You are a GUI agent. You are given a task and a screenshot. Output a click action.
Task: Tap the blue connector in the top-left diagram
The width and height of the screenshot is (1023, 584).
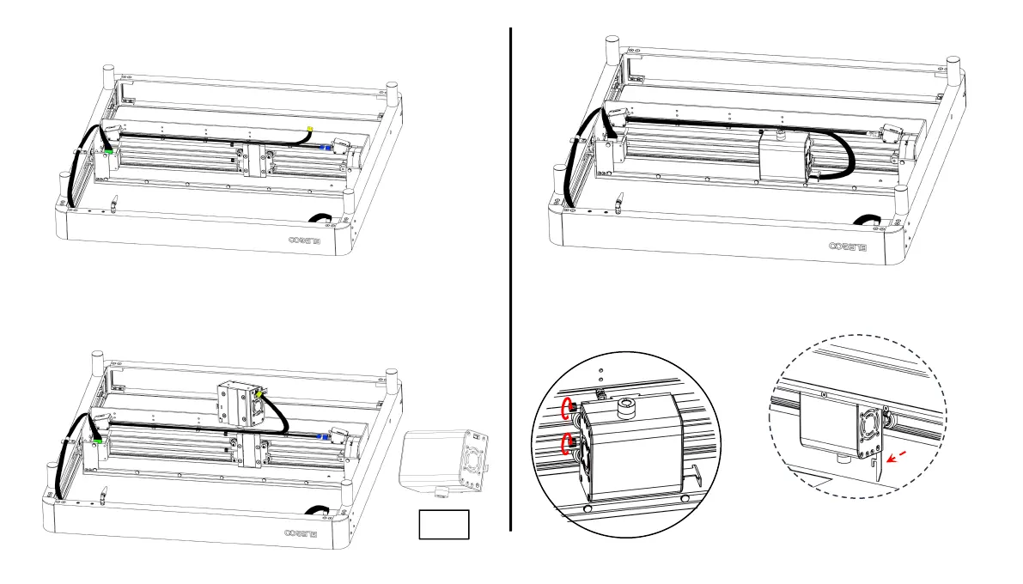pyautogui.click(x=324, y=148)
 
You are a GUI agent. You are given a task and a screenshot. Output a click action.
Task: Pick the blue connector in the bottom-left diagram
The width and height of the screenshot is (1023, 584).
pyautogui.click(x=322, y=436)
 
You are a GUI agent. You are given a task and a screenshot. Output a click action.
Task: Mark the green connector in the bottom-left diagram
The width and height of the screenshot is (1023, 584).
pyautogui.click(x=100, y=439)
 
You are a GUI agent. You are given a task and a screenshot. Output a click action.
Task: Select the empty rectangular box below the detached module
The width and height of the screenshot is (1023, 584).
pyautogui.click(x=444, y=524)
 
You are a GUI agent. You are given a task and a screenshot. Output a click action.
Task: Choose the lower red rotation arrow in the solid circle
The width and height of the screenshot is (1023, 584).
pyautogui.click(x=567, y=444)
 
